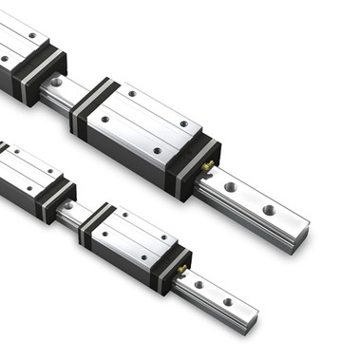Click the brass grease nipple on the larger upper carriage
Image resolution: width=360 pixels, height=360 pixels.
click(x=206, y=167)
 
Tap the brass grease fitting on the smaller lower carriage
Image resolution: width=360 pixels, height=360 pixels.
click(x=181, y=270)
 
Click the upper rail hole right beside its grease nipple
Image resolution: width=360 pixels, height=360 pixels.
click(x=230, y=187)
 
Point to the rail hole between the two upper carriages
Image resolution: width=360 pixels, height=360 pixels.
click(x=56, y=83)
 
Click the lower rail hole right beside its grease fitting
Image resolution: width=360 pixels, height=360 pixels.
click(x=199, y=285)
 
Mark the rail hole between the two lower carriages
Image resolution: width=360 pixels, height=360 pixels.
click(x=68, y=205)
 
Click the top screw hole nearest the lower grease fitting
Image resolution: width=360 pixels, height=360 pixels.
click(x=164, y=235)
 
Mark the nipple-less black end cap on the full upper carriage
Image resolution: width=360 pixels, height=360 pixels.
click(x=93, y=105)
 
